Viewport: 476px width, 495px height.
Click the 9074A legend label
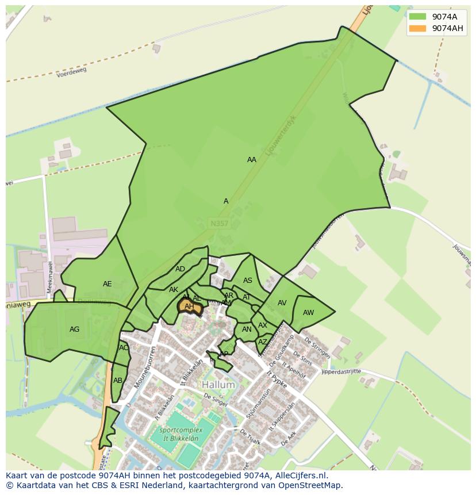click(444, 16)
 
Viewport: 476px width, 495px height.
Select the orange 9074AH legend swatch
click(418, 28)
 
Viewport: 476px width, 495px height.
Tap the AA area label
click(252, 160)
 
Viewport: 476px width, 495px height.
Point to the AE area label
click(108, 284)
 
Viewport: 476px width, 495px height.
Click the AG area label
click(74, 329)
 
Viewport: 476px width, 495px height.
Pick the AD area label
click(181, 269)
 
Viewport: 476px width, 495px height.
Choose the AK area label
click(174, 290)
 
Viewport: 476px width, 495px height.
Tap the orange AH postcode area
click(190, 307)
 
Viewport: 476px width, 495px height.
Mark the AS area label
click(248, 281)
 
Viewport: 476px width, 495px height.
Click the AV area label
click(282, 303)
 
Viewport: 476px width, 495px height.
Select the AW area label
click(309, 313)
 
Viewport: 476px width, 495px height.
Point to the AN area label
click(247, 329)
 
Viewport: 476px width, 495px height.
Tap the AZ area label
click(263, 342)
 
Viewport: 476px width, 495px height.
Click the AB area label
click(118, 381)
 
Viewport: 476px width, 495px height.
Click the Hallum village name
click(218, 384)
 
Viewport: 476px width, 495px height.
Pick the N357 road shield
click(218, 223)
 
